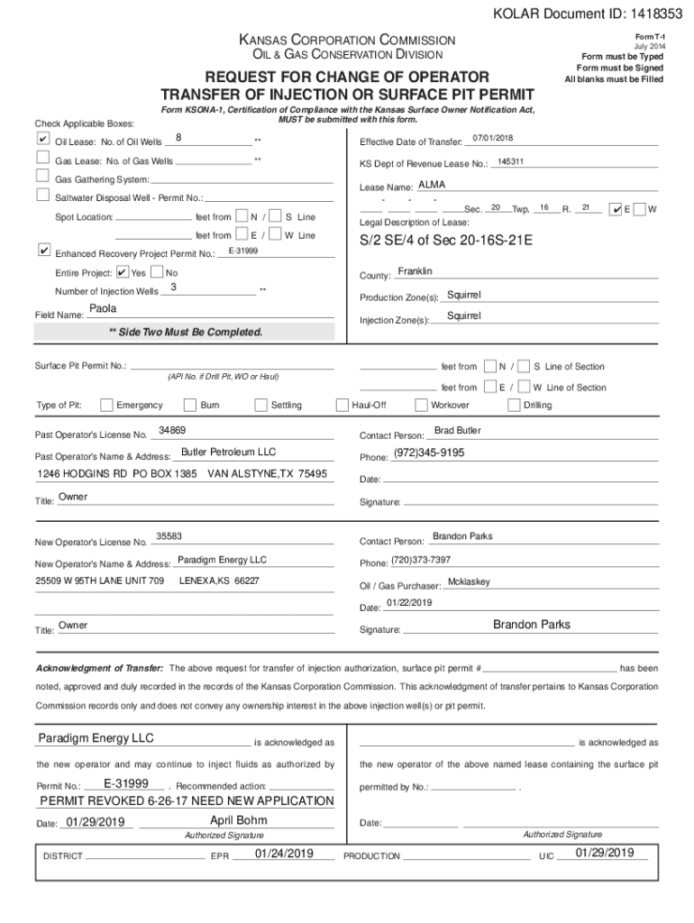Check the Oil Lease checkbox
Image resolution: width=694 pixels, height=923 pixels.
tap(42, 141)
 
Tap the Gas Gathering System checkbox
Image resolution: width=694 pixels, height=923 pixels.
tap(42, 178)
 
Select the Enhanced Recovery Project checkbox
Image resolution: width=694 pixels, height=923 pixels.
tap(42, 250)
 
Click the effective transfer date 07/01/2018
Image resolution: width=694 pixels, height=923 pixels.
tap(492, 138)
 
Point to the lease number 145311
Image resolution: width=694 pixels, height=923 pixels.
tap(510, 161)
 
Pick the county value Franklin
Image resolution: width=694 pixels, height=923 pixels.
tap(415, 271)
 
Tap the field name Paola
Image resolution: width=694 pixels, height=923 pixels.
tap(104, 308)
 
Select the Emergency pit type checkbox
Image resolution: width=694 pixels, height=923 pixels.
tap(107, 405)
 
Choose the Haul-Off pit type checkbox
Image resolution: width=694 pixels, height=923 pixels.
tap(342, 405)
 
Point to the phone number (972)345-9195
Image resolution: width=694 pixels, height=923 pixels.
tap(429, 452)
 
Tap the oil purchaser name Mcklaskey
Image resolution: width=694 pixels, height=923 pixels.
tap(469, 581)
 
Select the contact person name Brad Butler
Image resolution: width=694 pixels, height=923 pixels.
tap(458, 430)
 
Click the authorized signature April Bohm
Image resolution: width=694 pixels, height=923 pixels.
tap(238, 820)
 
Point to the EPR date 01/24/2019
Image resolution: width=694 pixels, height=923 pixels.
tap(284, 853)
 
